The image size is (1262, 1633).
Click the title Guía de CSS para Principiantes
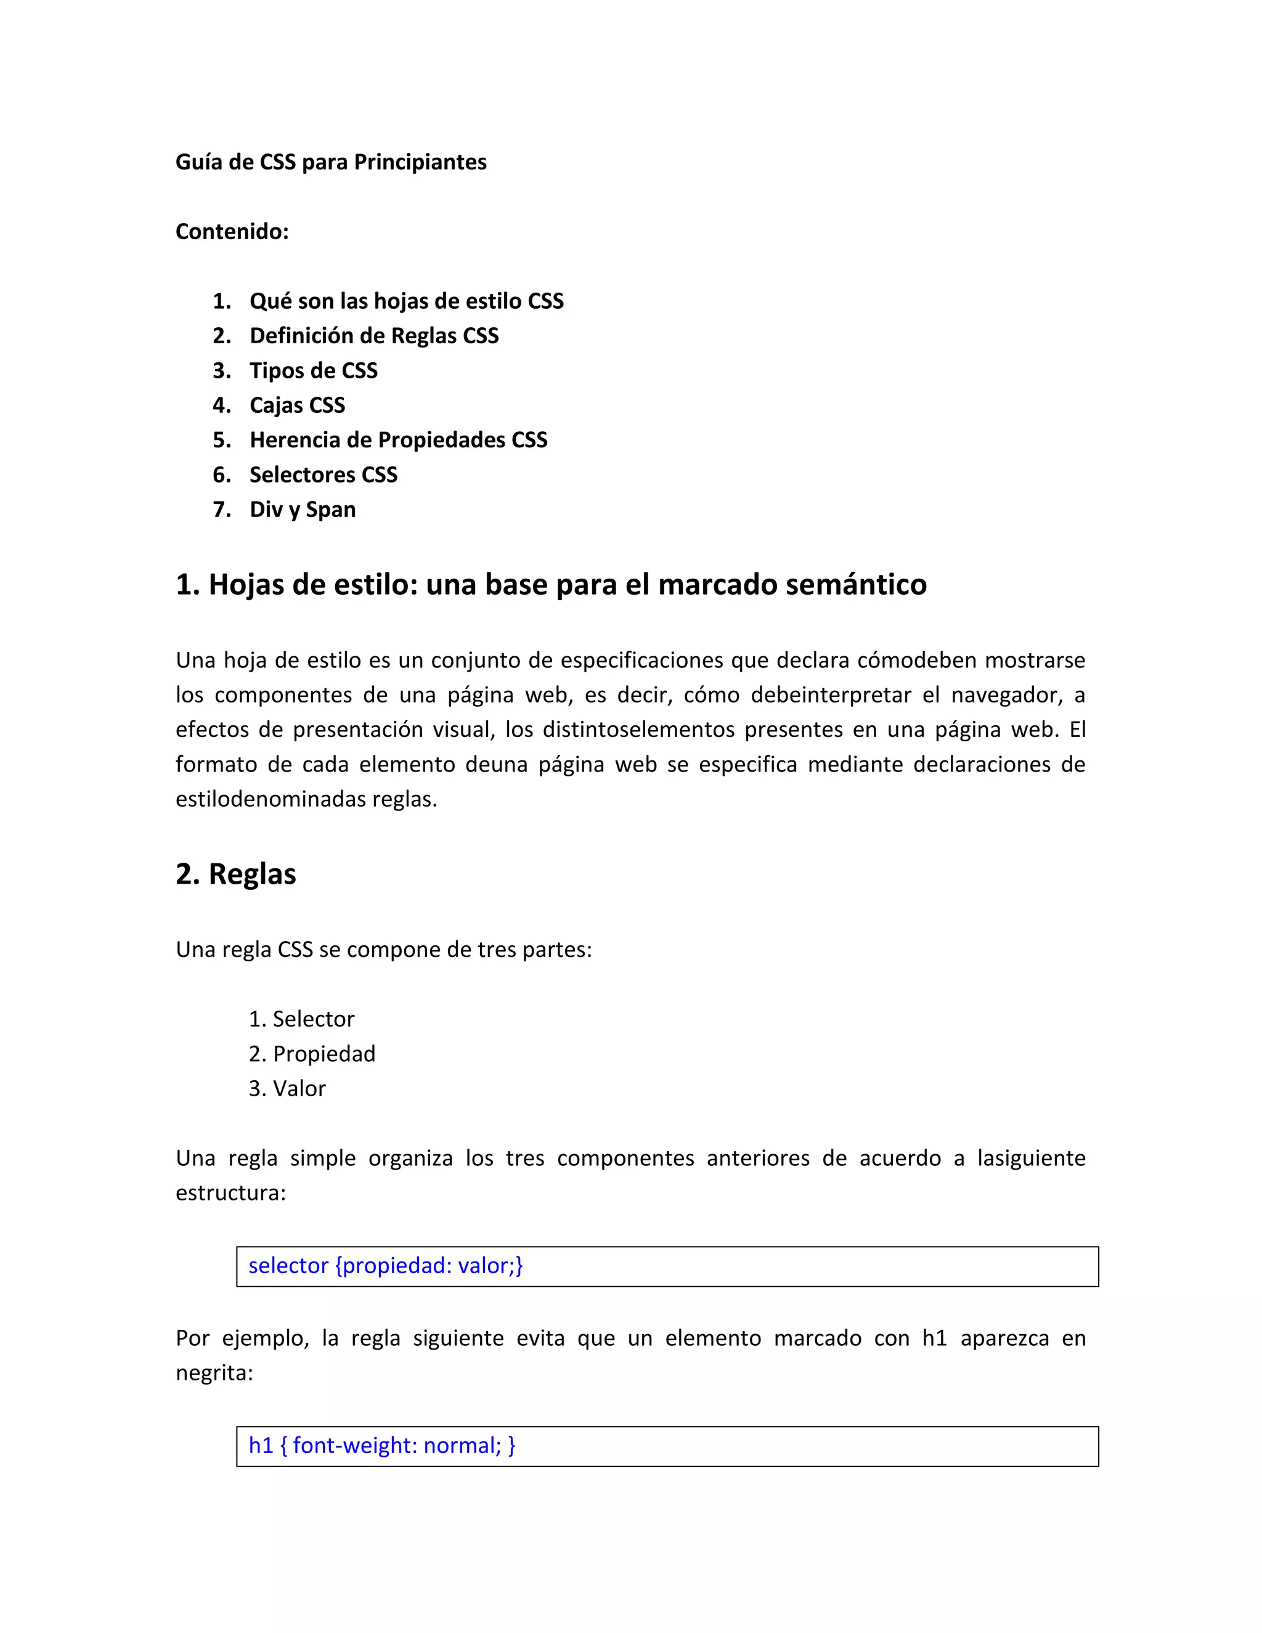(x=330, y=162)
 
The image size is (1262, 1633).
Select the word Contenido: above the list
(x=232, y=232)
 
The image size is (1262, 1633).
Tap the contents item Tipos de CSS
(x=313, y=371)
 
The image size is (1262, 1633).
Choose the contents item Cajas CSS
(x=297, y=405)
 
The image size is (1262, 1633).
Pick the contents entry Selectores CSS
(x=323, y=474)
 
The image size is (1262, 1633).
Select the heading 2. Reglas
(x=235, y=874)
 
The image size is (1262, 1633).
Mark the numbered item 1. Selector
(x=301, y=1019)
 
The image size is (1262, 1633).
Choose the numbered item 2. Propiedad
(x=312, y=1054)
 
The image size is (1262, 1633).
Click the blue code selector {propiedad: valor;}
(x=385, y=1266)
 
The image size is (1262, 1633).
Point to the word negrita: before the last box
(x=214, y=1374)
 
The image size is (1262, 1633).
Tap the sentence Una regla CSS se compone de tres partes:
(x=383, y=950)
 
